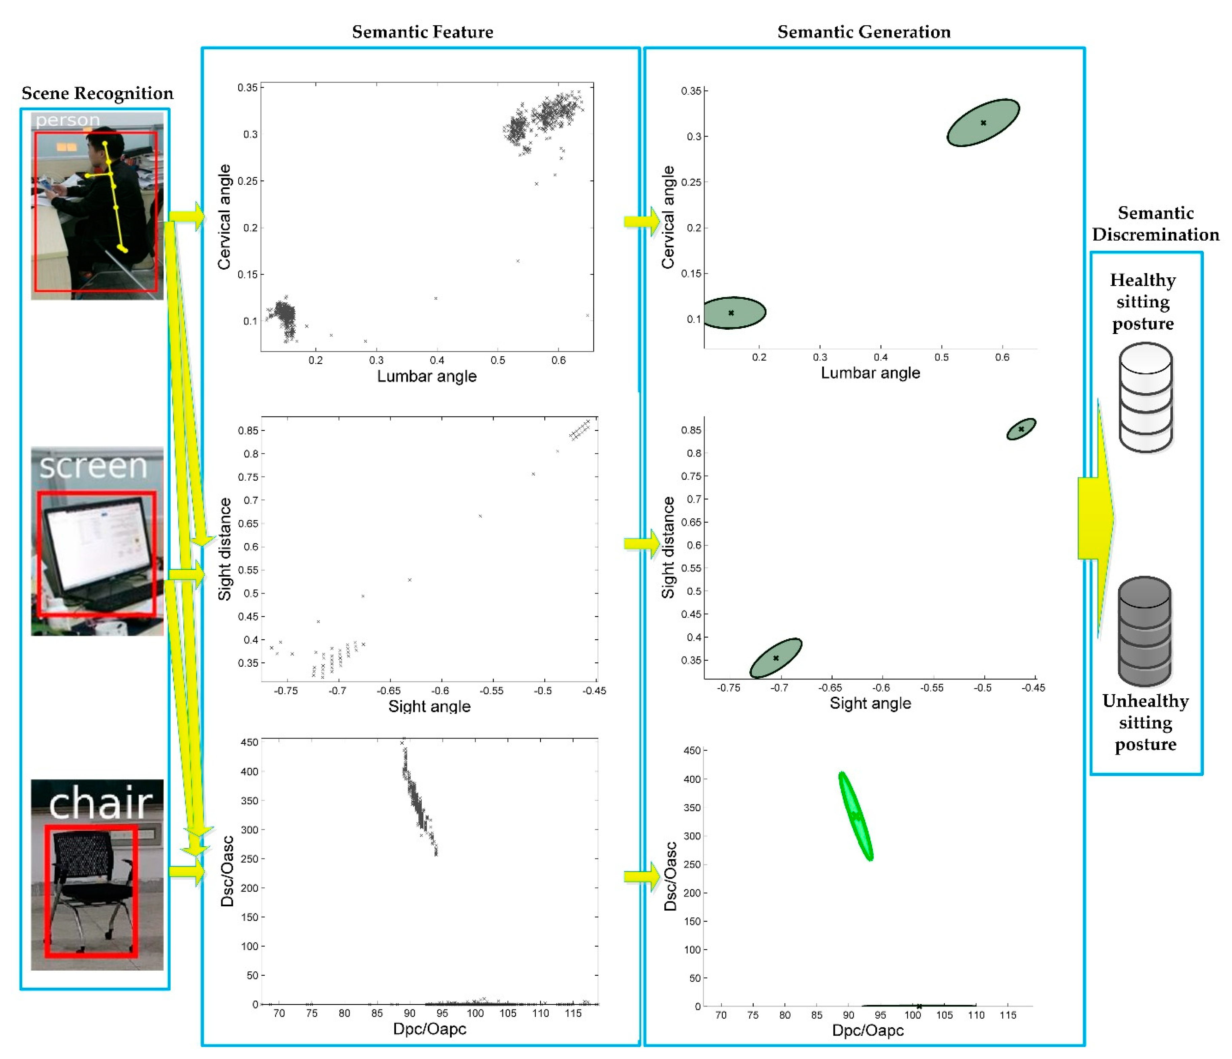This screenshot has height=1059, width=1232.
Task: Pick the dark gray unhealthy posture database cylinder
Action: coord(1145,632)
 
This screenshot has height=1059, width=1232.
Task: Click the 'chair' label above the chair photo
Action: coord(100,803)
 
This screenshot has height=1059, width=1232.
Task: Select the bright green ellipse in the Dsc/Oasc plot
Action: coord(855,816)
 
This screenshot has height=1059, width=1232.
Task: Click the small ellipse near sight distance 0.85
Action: coord(1021,429)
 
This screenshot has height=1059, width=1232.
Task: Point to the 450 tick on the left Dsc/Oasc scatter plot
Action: coord(249,742)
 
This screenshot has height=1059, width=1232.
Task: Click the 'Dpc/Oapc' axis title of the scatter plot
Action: coord(429,1029)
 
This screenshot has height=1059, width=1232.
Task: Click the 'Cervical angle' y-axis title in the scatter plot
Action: coord(224,217)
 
